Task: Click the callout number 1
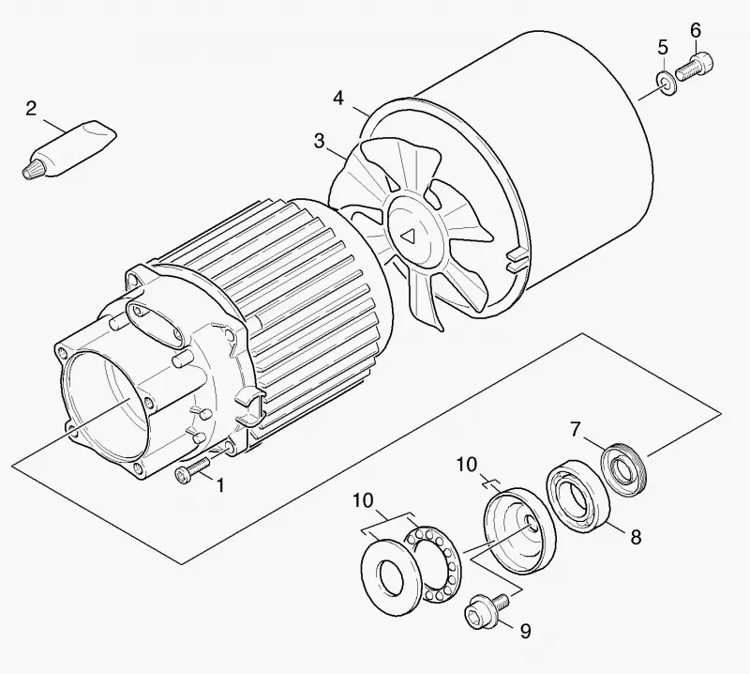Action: click(x=220, y=484)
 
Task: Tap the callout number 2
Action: click(x=31, y=109)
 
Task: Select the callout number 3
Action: click(x=319, y=142)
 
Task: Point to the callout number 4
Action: click(x=338, y=99)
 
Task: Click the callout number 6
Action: click(x=696, y=31)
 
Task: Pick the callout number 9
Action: click(x=525, y=631)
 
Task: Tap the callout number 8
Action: click(x=636, y=537)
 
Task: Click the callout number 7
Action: click(x=576, y=429)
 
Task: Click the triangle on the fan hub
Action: click(x=409, y=237)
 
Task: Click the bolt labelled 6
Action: click(x=694, y=67)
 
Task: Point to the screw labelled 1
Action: click(x=192, y=471)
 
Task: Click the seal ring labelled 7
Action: click(x=623, y=469)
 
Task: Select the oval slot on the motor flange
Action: click(x=154, y=326)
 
